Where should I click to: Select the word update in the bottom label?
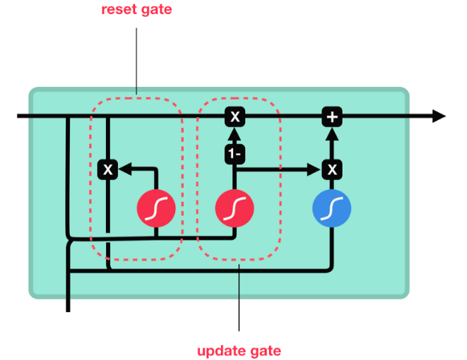219,351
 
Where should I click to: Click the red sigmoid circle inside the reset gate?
155,208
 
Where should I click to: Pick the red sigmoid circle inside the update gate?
235,208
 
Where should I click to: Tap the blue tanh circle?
331,208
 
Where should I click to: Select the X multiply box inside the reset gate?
107,169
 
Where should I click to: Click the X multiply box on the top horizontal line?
235,116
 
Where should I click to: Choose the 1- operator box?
235,152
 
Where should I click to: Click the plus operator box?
331,116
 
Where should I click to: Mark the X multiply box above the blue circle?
331,169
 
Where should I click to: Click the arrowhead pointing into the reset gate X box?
123,169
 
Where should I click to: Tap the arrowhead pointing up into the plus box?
331,131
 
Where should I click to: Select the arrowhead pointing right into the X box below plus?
315,169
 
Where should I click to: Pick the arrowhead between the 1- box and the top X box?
235,134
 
